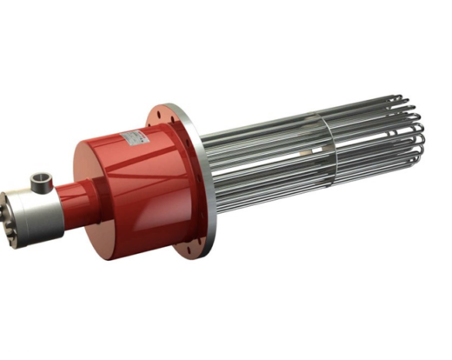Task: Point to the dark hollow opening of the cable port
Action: [40, 178]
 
